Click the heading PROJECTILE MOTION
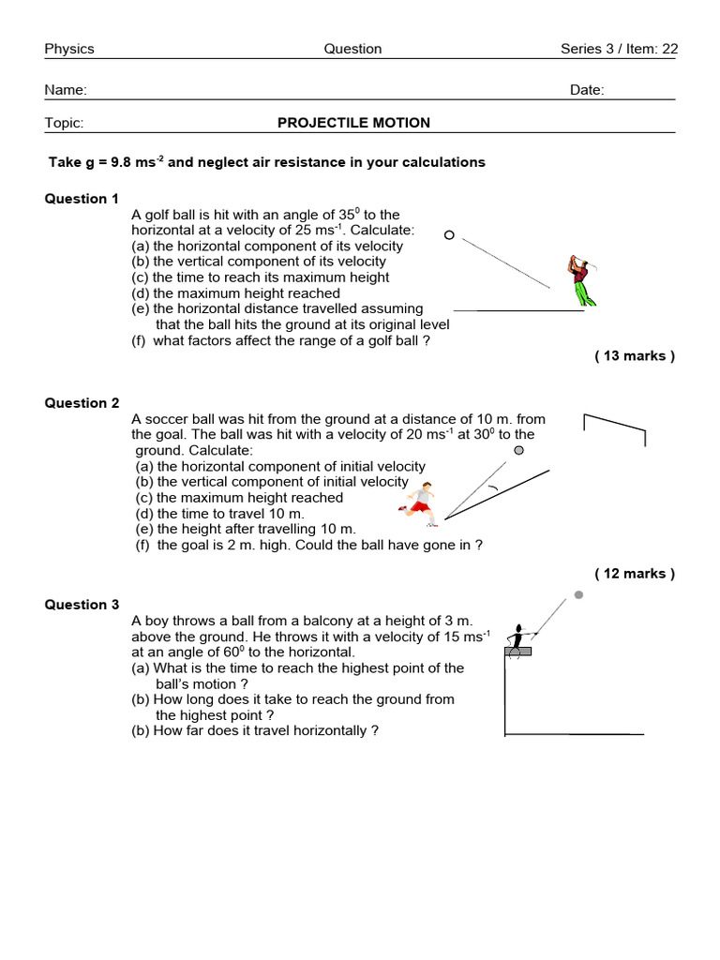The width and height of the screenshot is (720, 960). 353,123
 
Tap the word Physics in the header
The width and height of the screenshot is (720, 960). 69,49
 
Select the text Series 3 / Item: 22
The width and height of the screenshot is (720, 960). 618,49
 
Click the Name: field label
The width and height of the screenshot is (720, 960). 66,90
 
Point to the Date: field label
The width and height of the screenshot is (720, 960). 587,90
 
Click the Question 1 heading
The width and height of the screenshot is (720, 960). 82,199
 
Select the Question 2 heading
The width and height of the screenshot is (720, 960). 82,403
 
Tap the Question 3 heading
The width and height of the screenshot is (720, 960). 82,605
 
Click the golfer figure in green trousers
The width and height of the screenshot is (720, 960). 582,280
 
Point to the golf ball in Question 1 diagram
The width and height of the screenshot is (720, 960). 449,235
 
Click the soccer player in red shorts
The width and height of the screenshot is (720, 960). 420,503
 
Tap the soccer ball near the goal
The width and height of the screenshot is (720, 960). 518,450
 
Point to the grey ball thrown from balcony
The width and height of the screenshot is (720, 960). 578,594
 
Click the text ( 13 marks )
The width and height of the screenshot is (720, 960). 635,355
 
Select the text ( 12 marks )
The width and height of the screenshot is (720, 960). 635,574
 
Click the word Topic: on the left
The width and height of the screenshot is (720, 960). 64,123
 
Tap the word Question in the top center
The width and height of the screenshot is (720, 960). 352,49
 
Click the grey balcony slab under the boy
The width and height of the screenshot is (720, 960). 517,651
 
